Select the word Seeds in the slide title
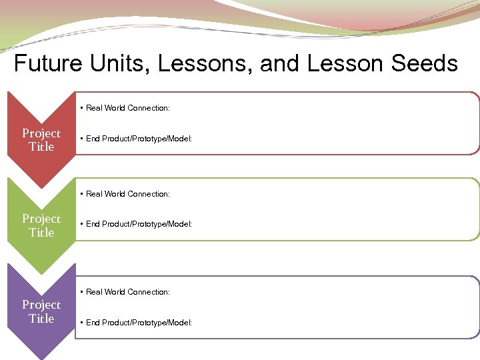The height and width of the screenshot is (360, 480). (x=425, y=63)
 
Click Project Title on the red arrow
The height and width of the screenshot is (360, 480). (x=41, y=140)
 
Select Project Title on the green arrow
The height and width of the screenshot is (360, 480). (x=41, y=225)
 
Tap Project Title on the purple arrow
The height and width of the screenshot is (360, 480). (x=41, y=311)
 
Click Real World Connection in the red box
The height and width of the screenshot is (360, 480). (x=127, y=108)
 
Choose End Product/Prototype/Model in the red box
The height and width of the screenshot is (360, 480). (x=139, y=139)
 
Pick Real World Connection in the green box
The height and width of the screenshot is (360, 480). (x=127, y=194)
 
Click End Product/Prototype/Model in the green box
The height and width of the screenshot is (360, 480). (x=139, y=224)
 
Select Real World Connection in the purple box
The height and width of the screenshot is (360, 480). (x=127, y=292)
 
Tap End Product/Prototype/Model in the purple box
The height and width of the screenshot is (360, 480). (x=139, y=323)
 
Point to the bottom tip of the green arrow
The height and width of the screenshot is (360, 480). (x=41, y=273)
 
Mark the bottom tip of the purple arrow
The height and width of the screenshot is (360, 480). (x=41, y=358)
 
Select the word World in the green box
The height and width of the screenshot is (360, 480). (x=114, y=194)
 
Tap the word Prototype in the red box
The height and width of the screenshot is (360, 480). (x=150, y=139)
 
